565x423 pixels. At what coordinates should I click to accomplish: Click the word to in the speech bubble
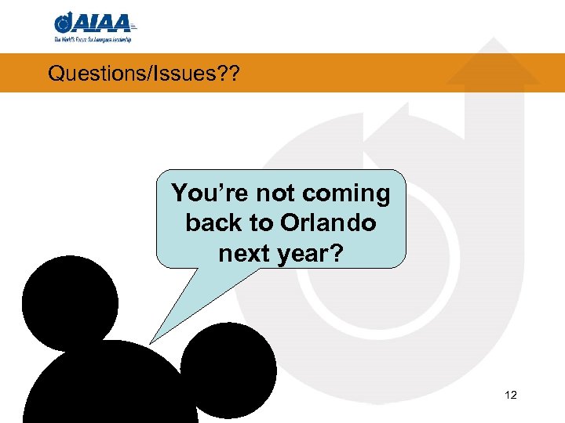[x=261, y=222]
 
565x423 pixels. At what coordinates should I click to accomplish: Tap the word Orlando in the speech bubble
[x=327, y=222]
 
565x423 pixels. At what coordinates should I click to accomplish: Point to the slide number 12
[x=511, y=395]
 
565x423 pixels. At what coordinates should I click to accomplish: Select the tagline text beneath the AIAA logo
[x=93, y=38]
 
